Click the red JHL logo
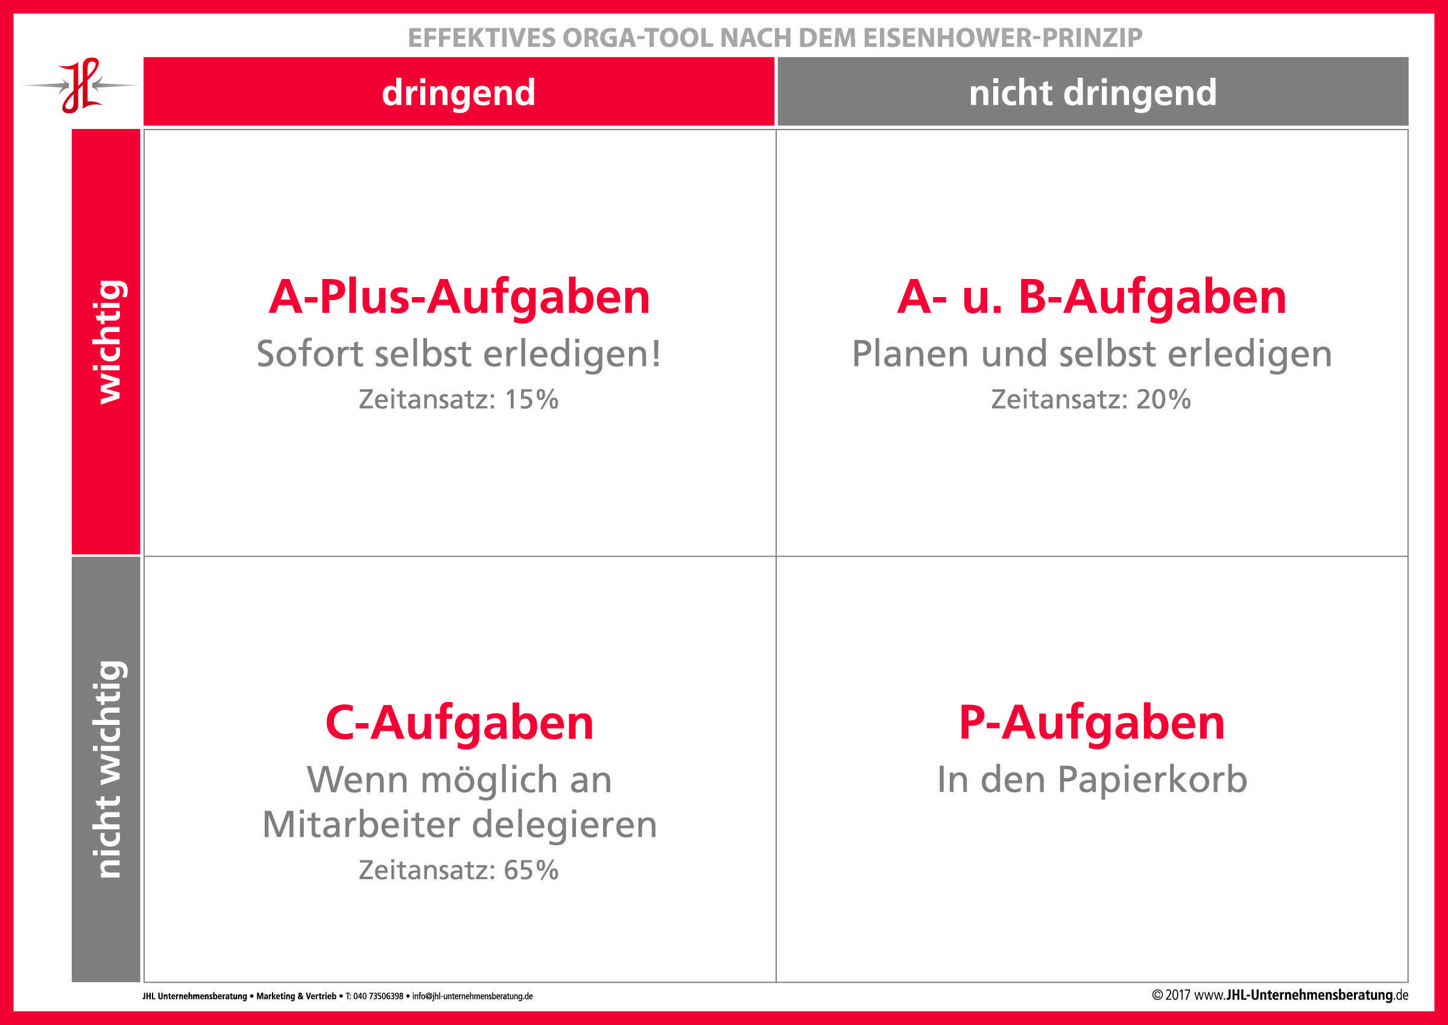tap(80, 86)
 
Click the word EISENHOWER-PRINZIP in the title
tap(1002, 38)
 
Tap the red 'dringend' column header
tap(458, 92)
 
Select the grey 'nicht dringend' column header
tap(1092, 92)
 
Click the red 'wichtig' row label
tap(106, 342)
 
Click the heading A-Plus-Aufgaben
tap(459, 296)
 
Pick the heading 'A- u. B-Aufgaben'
tap(1092, 296)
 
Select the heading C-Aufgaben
tap(459, 723)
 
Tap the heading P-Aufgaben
tap(1092, 723)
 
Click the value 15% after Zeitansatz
tap(531, 400)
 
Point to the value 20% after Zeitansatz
tap(1163, 400)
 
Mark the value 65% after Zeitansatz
tap(531, 870)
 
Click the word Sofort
tap(310, 354)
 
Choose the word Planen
tap(910, 354)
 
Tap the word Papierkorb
tap(1152, 780)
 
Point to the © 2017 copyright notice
tap(1171, 995)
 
